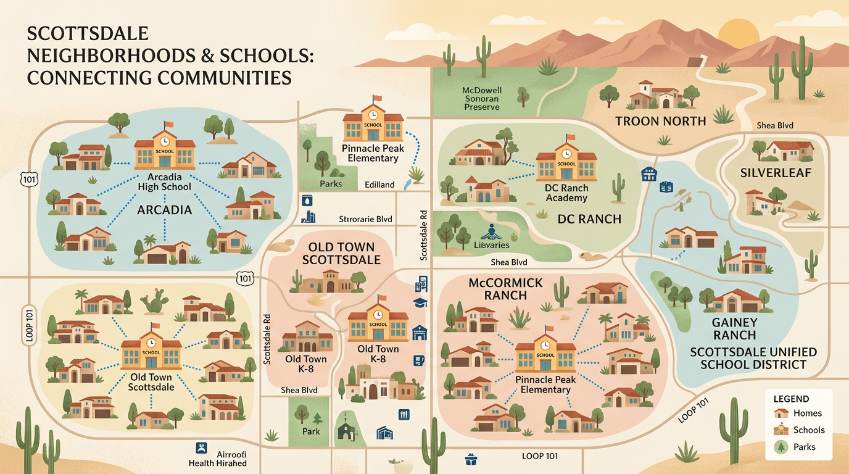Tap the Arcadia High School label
pyautogui.click(x=164, y=182)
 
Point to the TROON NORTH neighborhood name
pyautogui.click(x=661, y=121)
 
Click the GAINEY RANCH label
pyautogui.click(x=734, y=328)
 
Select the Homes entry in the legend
pyautogui.click(x=807, y=413)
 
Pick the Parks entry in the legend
pyautogui.click(x=804, y=447)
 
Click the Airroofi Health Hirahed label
pyautogui.click(x=218, y=458)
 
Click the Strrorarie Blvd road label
pyautogui.click(x=365, y=219)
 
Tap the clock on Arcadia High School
pyautogui.click(x=164, y=141)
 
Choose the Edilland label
pyautogui.click(x=379, y=185)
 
